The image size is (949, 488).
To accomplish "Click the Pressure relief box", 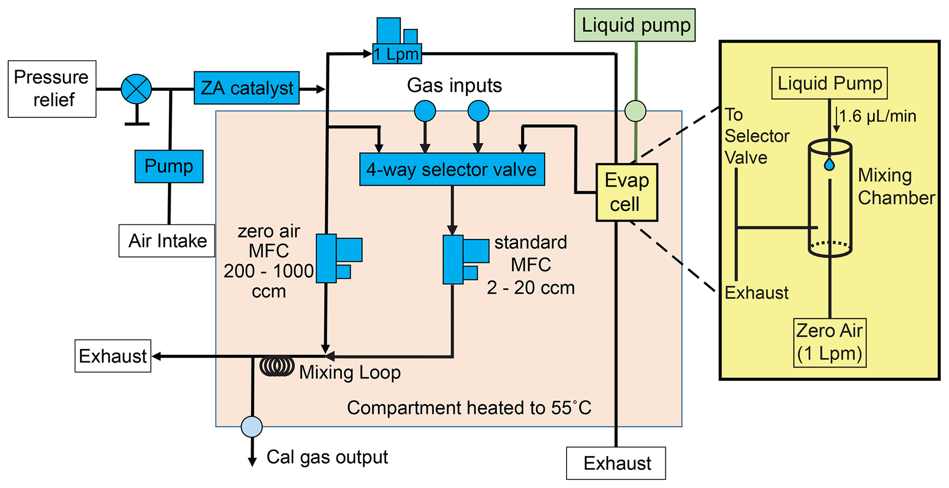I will click(52, 89).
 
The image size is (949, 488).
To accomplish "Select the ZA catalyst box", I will click(247, 88).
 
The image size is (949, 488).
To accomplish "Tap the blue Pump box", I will click(169, 166).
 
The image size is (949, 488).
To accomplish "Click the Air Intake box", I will click(167, 241).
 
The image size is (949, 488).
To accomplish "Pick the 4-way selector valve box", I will click(452, 169).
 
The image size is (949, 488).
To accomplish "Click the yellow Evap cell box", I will click(627, 192).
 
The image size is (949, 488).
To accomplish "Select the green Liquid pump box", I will click(635, 25).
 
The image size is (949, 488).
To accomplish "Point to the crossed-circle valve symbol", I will click(136, 89).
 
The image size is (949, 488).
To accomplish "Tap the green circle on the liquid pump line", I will click(635, 111).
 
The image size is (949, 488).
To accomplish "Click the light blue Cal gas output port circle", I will click(252, 426).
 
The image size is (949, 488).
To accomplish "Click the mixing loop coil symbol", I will click(277, 366).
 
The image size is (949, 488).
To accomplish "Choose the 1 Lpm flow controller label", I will click(397, 54).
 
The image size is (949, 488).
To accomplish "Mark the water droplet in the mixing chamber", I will click(829, 164).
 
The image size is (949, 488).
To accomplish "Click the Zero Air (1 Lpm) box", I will click(830, 342).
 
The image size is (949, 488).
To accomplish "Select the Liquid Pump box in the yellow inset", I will click(829, 84).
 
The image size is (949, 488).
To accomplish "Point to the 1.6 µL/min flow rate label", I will click(877, 116).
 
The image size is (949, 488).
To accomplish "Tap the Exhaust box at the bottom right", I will click(616, 463).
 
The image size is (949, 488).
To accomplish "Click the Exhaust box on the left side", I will click(113, 356).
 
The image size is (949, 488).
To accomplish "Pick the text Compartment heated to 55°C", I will click(469, 408).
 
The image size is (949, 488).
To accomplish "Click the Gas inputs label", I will click(454, 85).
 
